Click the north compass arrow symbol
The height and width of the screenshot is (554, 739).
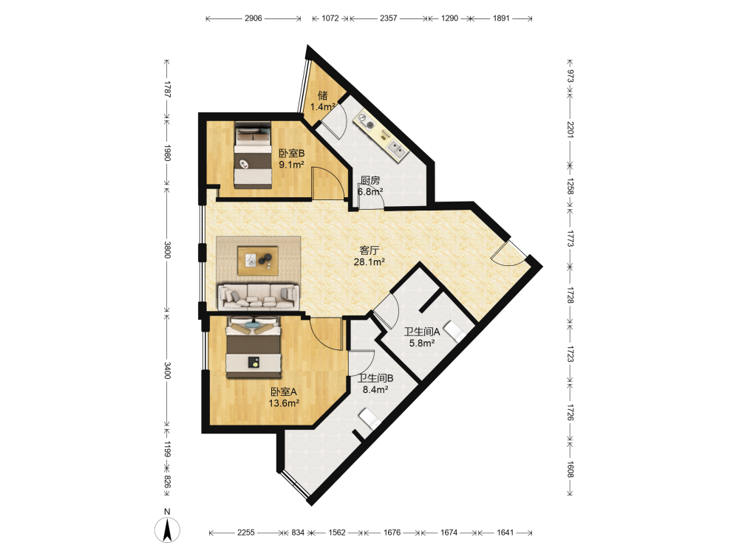point(167,530)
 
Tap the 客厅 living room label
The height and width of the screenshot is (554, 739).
point(369,250)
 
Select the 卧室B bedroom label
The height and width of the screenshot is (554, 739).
point(292,153)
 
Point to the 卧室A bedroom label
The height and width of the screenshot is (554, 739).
point(284,392)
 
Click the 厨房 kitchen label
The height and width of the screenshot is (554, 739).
point(370,180)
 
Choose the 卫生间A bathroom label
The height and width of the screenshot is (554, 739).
point(422,332)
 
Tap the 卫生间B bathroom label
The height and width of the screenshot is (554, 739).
point(375,378)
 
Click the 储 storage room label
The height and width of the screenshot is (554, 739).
point(323,95)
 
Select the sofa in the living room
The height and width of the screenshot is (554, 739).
point(258,297)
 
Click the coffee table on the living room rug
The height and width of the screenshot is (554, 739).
point(258,261)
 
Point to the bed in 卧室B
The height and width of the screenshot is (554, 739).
point(253,155)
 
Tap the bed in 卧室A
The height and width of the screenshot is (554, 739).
point(254,347)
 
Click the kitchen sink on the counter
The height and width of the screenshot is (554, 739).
point(397,150)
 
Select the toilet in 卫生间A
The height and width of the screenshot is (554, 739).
point(455,331)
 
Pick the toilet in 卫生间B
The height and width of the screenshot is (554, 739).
point(370,419)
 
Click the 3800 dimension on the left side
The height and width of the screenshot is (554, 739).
point(167,250)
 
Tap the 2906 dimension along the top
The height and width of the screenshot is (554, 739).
point(253,18)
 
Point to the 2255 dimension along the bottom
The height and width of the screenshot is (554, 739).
point(246,533)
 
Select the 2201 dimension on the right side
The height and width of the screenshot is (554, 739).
point(571,130)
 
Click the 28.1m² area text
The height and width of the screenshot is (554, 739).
point(369,262)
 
